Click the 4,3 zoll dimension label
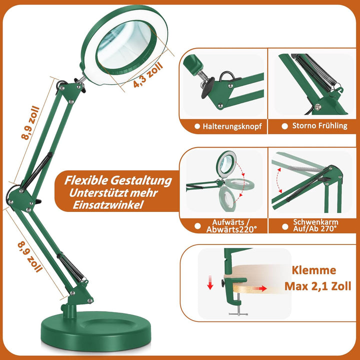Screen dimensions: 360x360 point(148,74)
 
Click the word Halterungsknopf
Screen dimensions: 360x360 point(232,126)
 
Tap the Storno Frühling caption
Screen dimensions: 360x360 point(319,125)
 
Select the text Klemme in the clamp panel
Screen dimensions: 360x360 point(314,270)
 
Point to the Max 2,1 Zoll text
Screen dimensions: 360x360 point(318,286)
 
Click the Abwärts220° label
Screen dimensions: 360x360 point(231,229)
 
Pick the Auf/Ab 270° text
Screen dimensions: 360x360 point(315,228)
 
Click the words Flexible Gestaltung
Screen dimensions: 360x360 point(118,180)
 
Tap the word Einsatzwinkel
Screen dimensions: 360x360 point(108,205)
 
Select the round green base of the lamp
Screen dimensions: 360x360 point(96,330)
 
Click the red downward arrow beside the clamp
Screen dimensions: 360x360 point(210,282)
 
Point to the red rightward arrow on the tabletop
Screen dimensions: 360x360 point(259,288)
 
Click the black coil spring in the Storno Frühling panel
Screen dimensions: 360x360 point(315,71)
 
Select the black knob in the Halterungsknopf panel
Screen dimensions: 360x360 point(208,87)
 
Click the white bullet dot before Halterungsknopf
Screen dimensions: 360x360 point(197,126)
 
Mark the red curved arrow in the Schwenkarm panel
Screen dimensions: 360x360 point(278,180)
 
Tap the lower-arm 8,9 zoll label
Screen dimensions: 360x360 point(30,256)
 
